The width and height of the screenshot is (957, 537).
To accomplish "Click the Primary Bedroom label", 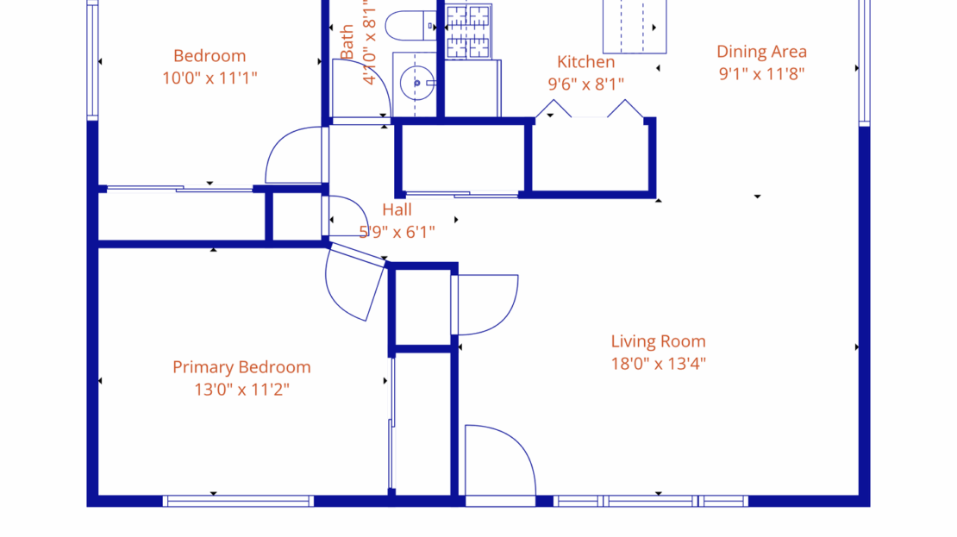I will pos(241,367).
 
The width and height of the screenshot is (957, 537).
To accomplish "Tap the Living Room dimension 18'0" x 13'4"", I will pos(658,364).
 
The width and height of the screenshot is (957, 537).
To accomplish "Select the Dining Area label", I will pos(761,52).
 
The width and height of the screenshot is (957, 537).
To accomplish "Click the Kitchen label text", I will pos(586,62).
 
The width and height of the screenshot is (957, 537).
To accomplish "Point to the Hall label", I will pos(397,209).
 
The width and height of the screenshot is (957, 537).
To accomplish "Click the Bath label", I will pos(347,42).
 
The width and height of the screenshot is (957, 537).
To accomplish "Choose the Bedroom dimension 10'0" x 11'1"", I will pos(210,78).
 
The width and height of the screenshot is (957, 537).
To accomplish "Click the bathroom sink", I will pos(416,84).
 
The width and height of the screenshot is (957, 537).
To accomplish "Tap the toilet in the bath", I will pos(410,26).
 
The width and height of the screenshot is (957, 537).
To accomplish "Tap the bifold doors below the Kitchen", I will pos(590,109).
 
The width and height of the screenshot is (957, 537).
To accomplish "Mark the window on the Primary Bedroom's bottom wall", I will pos(238,501).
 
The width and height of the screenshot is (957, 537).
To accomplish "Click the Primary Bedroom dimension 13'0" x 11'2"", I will pos(241,390).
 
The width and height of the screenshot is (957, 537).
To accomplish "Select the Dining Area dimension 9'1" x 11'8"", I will pos(761,74).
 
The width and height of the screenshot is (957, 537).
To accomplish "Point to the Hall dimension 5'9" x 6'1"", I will pos(397,232).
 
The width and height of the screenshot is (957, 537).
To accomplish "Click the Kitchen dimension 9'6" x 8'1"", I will pos(586,84).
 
